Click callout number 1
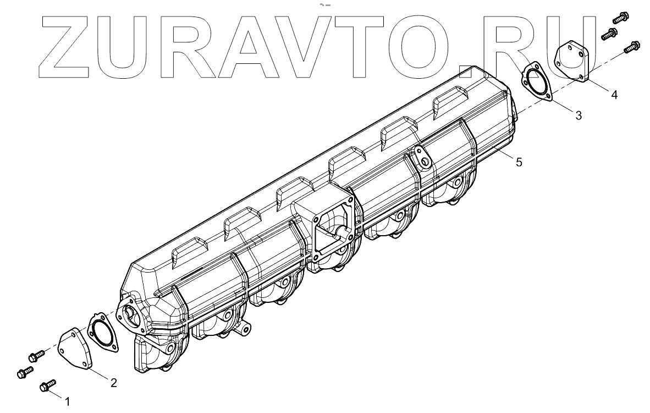(67, 401)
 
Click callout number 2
(114, 383)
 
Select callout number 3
(579, 116)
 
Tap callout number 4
(614, 95)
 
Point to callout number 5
(519, 162)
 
